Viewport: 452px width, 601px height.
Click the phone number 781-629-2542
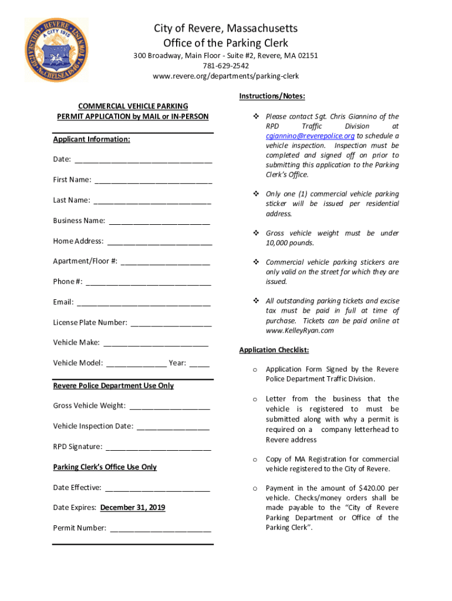pos(225,66)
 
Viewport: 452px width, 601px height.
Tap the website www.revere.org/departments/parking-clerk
pos(225,76)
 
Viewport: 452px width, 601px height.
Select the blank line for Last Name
pos(152,201)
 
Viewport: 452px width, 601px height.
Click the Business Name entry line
pos(160,222)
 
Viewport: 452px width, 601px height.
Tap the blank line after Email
pos(144,303)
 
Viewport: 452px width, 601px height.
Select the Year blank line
pos(199,364)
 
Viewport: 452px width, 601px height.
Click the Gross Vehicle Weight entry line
pos(170,407)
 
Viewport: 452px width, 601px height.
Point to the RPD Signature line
pos(158,448)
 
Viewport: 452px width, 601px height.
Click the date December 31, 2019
pos(133,508)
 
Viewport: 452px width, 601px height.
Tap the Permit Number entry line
pos(160,529)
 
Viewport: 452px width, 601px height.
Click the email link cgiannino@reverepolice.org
pos(310,136)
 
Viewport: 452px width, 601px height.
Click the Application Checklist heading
pos(274,350)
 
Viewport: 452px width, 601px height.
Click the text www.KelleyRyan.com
pos(299,330)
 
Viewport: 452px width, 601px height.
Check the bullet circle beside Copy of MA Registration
pos(254,460)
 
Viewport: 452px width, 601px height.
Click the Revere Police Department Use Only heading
pos(113,386)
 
